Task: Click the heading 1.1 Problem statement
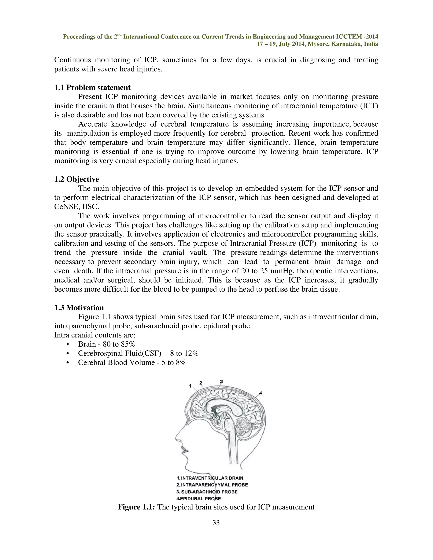tap(92, 88)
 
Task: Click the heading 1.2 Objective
tap(77, 179)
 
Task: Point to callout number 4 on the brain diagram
tap(260, 393)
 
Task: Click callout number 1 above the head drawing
tap(190, 386)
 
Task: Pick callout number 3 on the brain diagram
tap(221, 381)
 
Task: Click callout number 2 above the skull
tap(201, 383)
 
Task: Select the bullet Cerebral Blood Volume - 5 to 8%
tap(132, 363)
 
